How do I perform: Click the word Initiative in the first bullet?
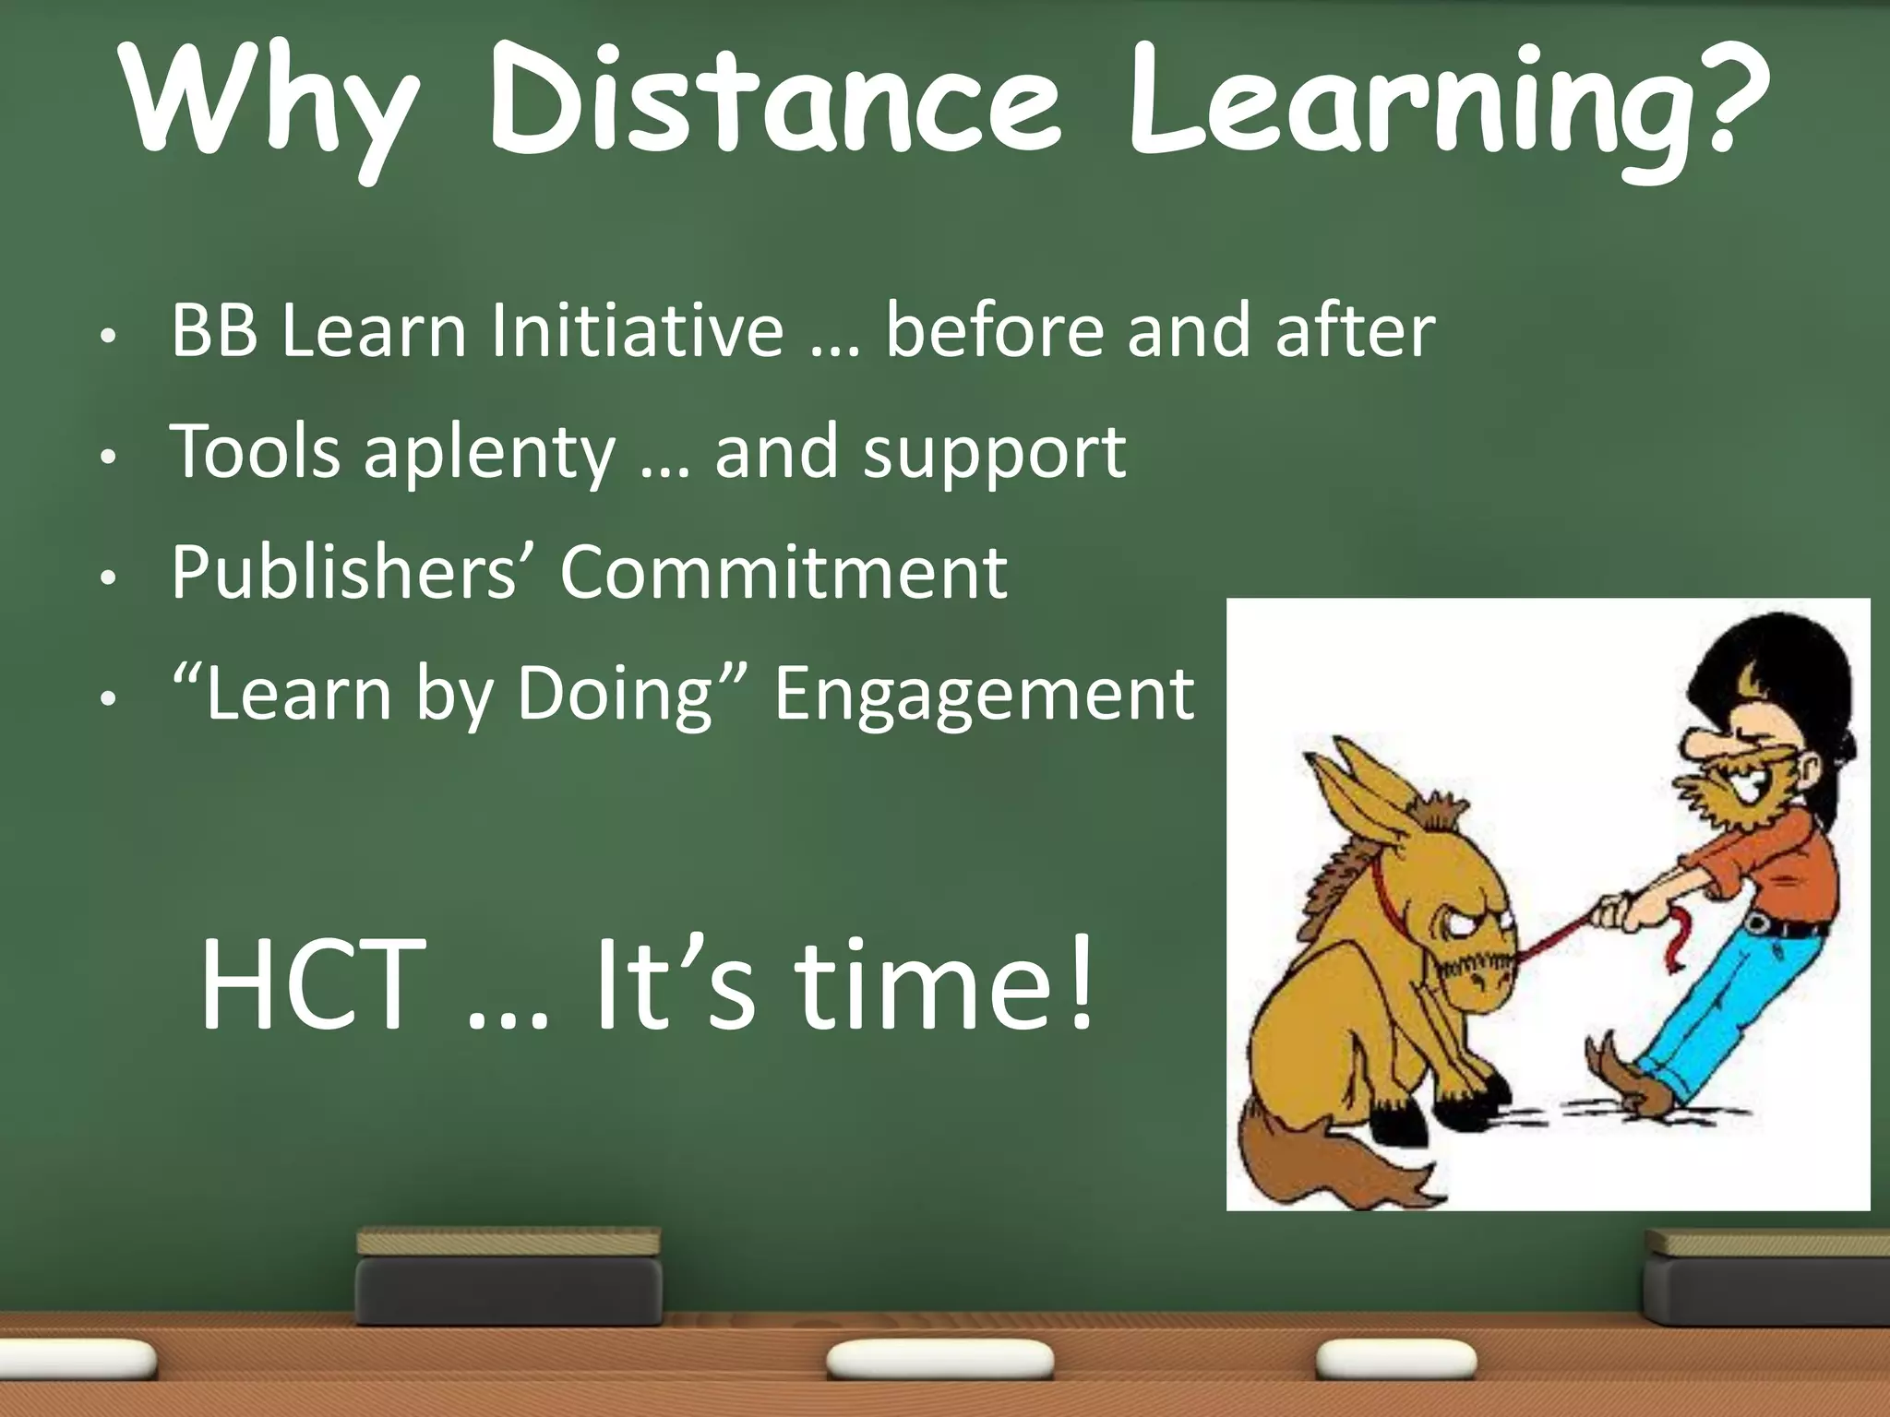coord(637,330)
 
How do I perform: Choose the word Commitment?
coord(784,573)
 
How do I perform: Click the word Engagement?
coord(984,695)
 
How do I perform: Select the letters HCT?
coord(314,985)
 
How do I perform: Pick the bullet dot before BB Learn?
coord(109,338)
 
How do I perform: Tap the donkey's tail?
coord(1320,1162)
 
